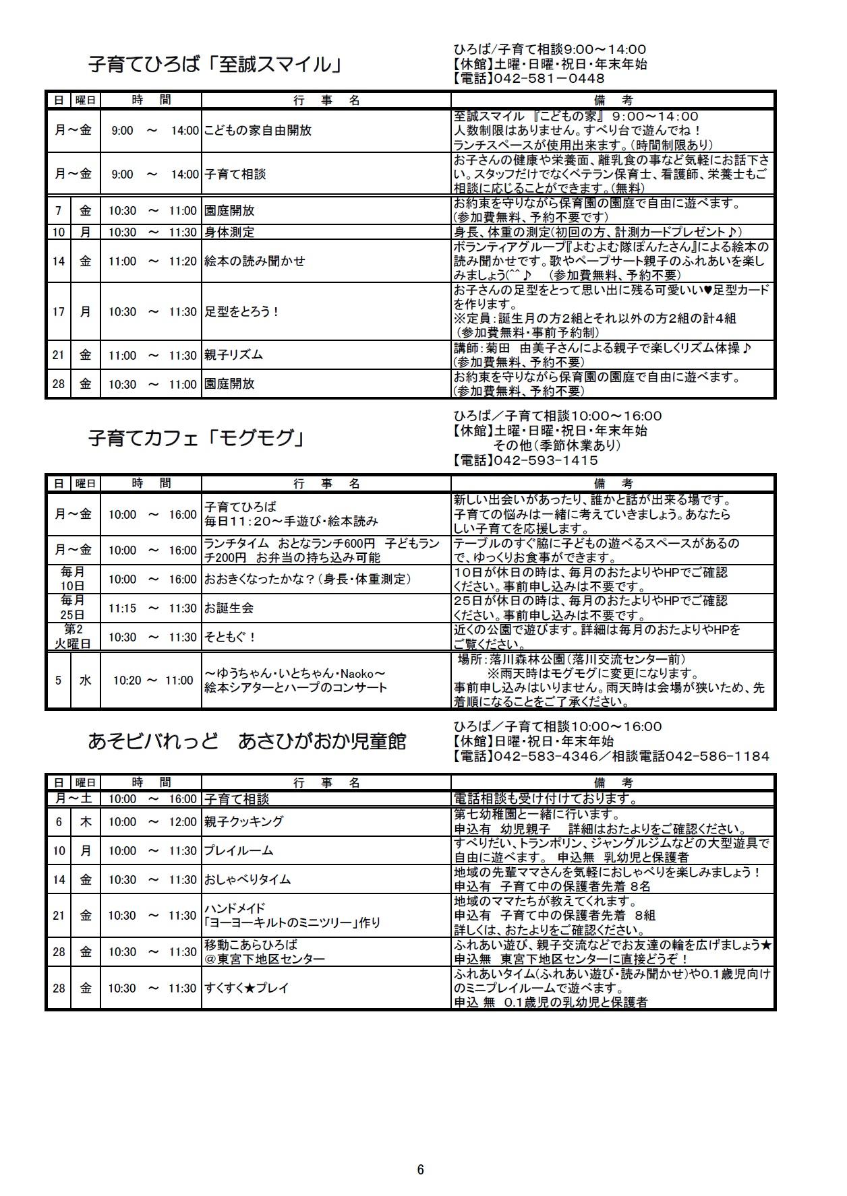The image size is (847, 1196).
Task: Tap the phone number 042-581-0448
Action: (x=549, y=79)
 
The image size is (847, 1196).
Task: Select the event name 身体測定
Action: (x=229, y=232)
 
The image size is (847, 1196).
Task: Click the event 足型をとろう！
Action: (x=241, y=312)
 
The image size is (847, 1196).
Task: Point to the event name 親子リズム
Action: (x=233, y=355)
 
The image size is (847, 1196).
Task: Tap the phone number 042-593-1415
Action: (x=546, y=461)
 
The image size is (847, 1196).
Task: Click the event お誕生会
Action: (x=229, y=608)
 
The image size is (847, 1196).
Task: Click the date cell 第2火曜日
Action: (x=73, y=637)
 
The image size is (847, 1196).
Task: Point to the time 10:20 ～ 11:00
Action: (x=153, y=681)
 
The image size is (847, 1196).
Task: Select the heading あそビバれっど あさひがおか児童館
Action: (x=247, y=741)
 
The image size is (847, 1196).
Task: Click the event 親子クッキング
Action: (x=243, y=822)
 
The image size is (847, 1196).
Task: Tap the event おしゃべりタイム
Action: (x=247, y=880)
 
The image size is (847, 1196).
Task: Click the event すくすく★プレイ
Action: (x=246, y=988)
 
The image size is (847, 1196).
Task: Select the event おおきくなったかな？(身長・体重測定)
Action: (x=308, y=579)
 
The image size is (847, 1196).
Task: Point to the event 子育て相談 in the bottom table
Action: (x=236, y=799)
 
